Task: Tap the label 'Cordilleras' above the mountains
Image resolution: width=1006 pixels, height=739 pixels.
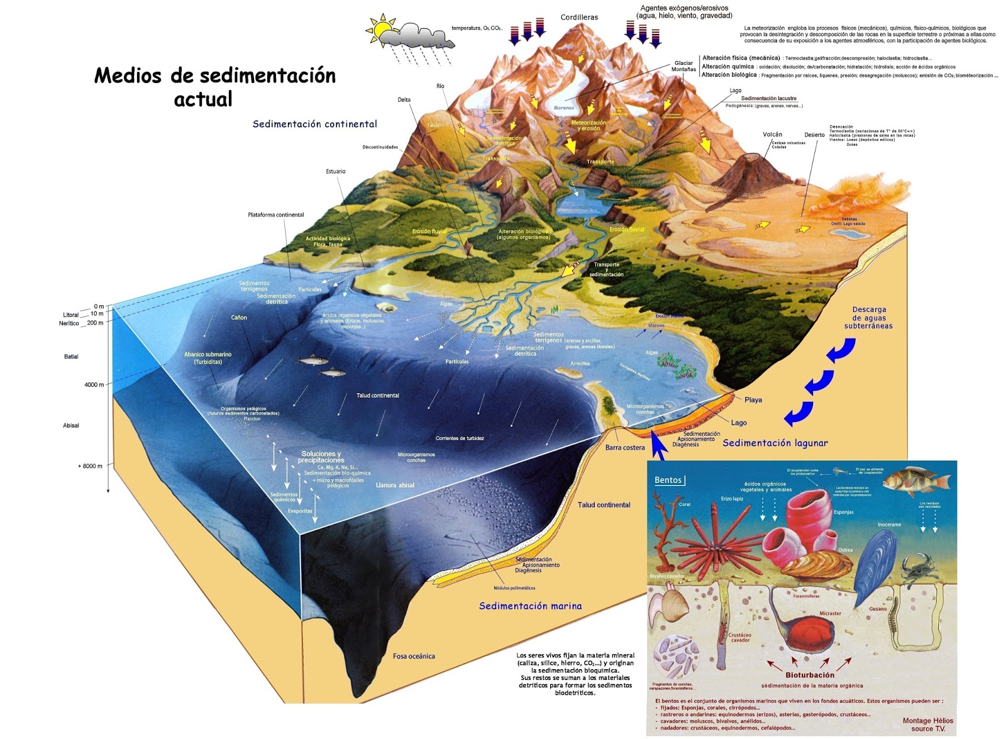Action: (x=579, y=18)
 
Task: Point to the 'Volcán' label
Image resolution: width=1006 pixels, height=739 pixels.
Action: (x=772, y=135)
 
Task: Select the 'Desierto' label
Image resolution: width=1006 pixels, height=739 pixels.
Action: (x=814, y=135)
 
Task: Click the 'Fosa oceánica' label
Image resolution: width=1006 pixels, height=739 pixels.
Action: (x=414, y=657)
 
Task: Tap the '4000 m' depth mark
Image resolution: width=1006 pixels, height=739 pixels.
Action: (x=94, y=385)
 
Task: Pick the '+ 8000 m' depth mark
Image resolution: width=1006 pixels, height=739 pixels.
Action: (x=90, y=466)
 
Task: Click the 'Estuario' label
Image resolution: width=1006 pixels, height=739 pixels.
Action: (x=336, y=172)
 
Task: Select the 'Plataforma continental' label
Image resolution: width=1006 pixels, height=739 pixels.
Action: (x=275, y=215)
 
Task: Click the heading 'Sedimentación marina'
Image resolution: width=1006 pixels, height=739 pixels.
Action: (x=530, y=606)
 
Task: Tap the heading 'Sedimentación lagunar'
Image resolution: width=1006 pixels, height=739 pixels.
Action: (x=775, y=443)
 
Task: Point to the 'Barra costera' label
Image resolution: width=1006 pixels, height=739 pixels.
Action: (x=625, y=448)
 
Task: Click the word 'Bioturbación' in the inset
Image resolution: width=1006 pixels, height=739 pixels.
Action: (x=810, y=675)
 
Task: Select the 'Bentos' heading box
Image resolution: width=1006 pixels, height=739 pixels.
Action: (x=668, y=480)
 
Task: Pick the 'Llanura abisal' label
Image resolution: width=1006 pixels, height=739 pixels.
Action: (x=395, y=486)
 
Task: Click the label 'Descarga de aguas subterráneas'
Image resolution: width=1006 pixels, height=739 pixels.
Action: (x=868, y=318)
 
